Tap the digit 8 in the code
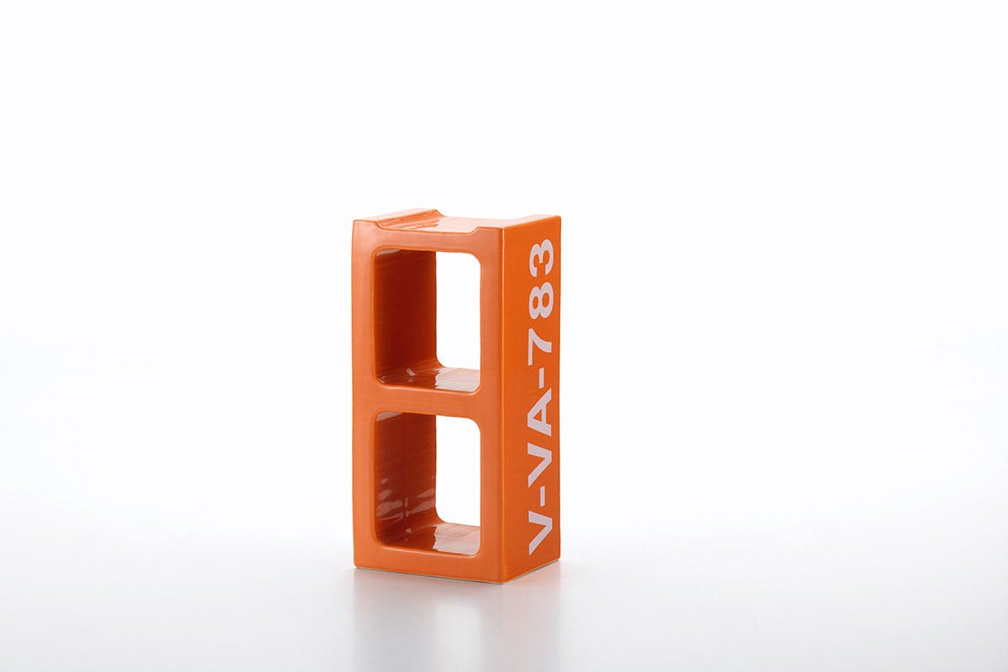[x=540, y=300]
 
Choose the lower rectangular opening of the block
[x=427, y=483]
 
